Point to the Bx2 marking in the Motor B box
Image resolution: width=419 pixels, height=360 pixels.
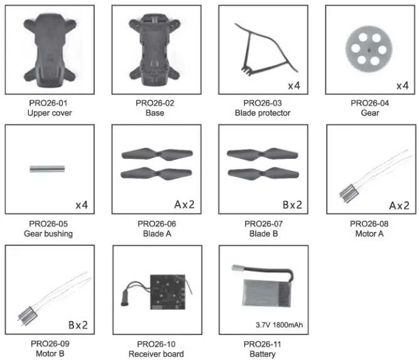coord(78,325)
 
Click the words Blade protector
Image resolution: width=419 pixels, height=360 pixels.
coord(263,114)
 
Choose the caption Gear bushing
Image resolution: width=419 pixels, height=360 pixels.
coord(48,234)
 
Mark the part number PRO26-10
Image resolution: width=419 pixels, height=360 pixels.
coord(156,344)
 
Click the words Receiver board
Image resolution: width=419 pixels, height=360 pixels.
coord(156,354)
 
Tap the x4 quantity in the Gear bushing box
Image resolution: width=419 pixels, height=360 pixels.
coord(82,205)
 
